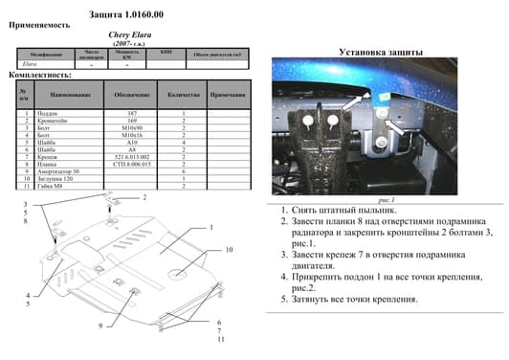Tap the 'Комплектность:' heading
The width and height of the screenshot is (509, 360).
coord(39,74)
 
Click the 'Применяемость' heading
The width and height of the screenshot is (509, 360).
coord(38,26)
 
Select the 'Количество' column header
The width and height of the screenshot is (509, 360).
coord(182,96)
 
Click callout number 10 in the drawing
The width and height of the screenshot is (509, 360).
coord(231,249)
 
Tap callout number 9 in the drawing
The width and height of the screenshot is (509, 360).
coord(99,326)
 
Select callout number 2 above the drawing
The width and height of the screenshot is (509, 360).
coord(145,197)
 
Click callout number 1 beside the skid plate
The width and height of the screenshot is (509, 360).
coord(211,228)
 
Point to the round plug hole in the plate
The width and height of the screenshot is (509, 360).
coord(183,274)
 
